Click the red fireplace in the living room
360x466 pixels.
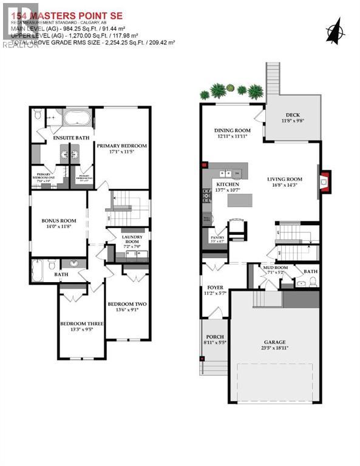coord(325,180)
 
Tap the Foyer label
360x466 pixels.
coord(216,288)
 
